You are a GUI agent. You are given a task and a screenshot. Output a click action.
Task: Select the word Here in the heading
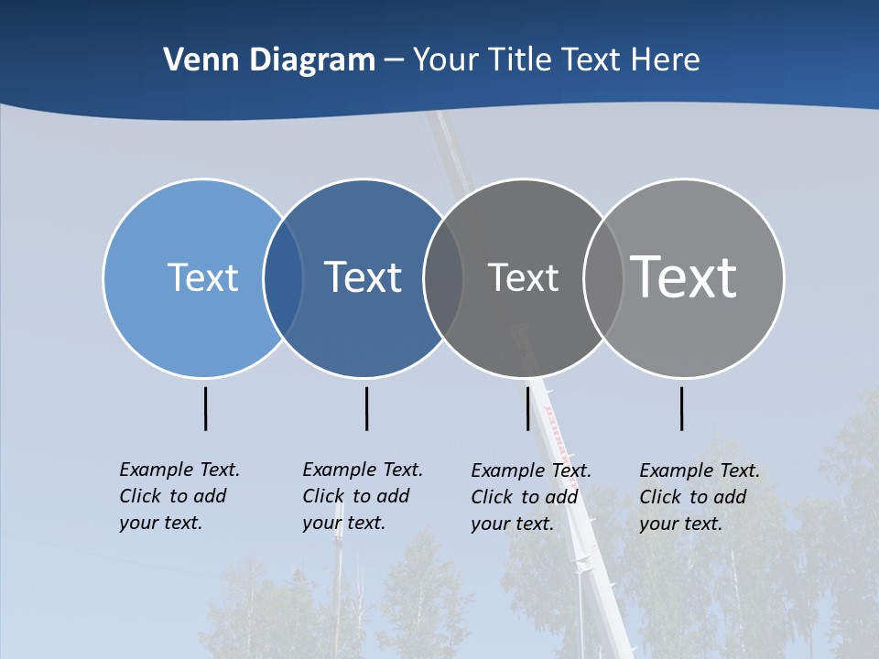coord(665,60)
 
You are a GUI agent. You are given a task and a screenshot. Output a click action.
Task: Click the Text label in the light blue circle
coord(202,277)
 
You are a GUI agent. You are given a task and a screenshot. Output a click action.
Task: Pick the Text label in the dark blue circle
coord(363,277)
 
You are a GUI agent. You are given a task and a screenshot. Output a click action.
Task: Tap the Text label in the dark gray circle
coord(523,277)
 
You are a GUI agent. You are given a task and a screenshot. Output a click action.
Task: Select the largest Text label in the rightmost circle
coord(683,277)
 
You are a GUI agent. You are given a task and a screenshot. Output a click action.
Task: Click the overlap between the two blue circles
coord(283,278)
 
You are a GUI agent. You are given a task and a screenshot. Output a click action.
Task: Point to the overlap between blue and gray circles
coord(443,278)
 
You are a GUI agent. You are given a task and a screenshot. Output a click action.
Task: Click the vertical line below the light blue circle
coord(205,408)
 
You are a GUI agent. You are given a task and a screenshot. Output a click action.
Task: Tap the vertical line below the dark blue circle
coord(366,408)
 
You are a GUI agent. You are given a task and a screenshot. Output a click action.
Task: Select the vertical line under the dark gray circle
coord(527,408)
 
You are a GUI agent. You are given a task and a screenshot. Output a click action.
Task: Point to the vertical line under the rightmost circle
coord(681,408)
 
